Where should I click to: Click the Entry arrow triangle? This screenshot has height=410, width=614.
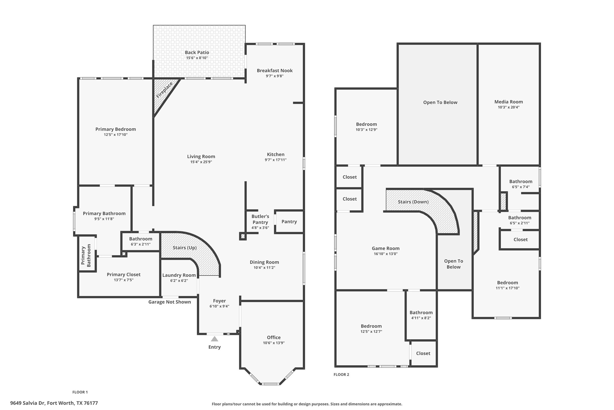click(215, 339)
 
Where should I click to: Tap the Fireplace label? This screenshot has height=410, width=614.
click(164, 90)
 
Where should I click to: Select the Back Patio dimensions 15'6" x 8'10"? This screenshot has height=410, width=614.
click(197, 58)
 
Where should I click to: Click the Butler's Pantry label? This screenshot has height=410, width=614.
click(260, 219)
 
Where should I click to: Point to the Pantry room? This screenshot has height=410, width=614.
click(289, 222)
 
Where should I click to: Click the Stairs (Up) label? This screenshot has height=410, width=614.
click(185, 248)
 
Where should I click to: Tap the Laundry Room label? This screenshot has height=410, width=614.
click(179, 275)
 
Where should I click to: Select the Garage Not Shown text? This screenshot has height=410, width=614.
click(170, 302)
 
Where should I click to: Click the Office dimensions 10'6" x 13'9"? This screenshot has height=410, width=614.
click(274, 343)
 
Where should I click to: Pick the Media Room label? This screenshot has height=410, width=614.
click(508, 102)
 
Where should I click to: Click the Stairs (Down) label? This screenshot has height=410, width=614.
click(413, 202)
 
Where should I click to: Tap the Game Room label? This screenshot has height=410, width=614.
click(386, 249)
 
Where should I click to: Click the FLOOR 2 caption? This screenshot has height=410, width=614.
click(341, 375)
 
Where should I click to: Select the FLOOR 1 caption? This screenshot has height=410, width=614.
click(80, 392)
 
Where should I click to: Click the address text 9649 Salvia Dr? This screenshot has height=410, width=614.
click(54, 403)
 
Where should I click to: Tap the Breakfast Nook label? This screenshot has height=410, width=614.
click(274, 71)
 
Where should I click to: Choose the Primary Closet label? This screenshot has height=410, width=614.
click(124, 275)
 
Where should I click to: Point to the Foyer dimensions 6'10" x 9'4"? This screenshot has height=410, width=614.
click(219, 306)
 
